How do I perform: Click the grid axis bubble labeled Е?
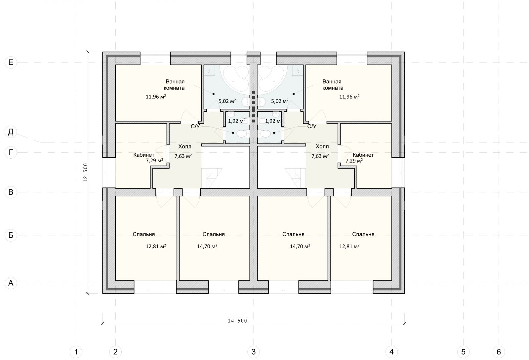click(x=11, y=62)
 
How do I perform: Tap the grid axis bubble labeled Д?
click(x=11, y=132)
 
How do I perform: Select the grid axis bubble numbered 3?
click(x=253, y=352)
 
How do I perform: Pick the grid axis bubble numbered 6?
click(x=499, y=352)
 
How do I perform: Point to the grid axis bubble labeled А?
click(x=11, y=283)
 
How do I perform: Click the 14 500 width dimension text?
click(x=237, y=321)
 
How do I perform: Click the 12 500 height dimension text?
click(x=86, y=173)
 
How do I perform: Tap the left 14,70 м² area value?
click(x=207, y=246)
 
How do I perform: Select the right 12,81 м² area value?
click(x=349, y=246)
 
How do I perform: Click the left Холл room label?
click(x=185, y=146)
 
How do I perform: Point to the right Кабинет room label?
click(x=363, y=155)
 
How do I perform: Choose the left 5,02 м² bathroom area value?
click(x=227, y=101)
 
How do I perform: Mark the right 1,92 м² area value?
click(x=274, y=121)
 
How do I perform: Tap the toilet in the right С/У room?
click(x=264, y=134)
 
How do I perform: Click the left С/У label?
click(x=195, y=127)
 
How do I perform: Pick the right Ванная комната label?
click(x=333, y=85)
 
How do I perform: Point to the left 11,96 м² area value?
click(x=156, y=97)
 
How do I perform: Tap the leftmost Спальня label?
click(x=143, y=234)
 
